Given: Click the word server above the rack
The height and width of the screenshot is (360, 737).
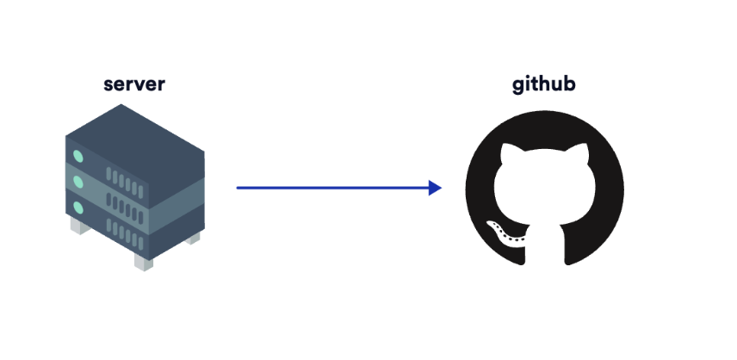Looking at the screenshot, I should [133, 84].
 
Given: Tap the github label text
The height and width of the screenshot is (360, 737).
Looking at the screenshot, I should [544, 84].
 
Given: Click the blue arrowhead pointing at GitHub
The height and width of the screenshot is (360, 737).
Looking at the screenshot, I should [435, 187].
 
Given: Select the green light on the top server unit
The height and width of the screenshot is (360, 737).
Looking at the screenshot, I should [78, 158].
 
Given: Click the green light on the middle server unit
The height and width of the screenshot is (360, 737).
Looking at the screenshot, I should [78, 183].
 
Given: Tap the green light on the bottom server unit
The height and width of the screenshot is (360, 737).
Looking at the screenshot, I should [78, 208].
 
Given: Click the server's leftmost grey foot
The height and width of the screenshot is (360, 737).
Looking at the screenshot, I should [77, 227].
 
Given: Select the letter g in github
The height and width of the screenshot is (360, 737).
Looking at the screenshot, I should [517, 86].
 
